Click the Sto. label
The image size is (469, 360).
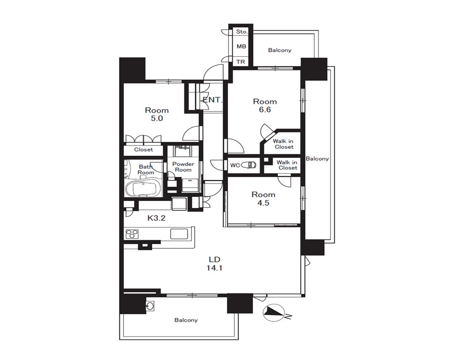(x=242, y=32)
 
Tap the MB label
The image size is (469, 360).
(x=241, y=47)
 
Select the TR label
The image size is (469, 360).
(x=241, y=62)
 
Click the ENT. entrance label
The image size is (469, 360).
(x=212, y=100)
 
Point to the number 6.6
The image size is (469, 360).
(x=265, y=110)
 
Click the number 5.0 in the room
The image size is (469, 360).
(x=157, y=119)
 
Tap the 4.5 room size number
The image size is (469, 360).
(x=263, y=203)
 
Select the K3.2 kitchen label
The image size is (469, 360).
(x=156, y=218)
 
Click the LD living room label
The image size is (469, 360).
(x=215, y=259)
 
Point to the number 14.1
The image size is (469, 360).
(x=214, y=268)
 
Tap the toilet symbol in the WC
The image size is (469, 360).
(x=249, y=165)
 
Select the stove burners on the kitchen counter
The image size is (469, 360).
(x=132, y=234)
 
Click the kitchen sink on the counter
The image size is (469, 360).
(x=179, y=234)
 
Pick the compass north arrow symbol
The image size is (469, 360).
(x=273, y=313)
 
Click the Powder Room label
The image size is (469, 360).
(x=183, y=167)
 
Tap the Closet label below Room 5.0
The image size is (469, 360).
(x=143, y=150)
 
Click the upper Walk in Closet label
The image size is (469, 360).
(x=283, y=144)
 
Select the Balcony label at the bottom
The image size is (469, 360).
(x=186, y=320)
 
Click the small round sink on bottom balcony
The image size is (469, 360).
(x=150, y=305)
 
